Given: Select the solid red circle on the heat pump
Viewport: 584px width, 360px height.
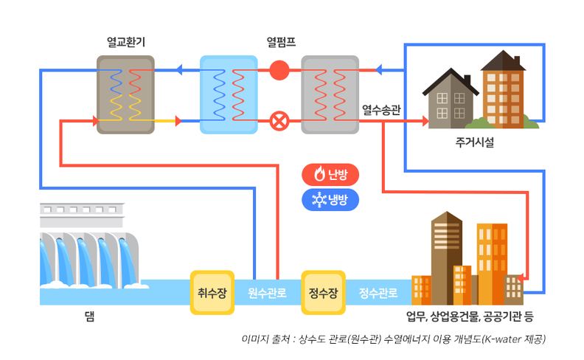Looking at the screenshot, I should click(279, 71).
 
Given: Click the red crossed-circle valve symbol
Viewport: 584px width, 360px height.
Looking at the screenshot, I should click(279, 120).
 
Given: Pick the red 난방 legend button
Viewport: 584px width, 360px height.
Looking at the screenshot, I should click(330, 175).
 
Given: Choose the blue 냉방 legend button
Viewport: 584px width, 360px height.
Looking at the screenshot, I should click(330, 199).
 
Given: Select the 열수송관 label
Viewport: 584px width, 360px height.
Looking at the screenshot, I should click(381, 111).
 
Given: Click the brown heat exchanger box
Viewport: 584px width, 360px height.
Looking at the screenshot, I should click(125, 95).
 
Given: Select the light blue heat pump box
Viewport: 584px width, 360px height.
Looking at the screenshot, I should click(228, 95).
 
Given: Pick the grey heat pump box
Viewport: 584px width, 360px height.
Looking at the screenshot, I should click(330, 95).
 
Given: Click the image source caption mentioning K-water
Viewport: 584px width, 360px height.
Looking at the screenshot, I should click(393, 340).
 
